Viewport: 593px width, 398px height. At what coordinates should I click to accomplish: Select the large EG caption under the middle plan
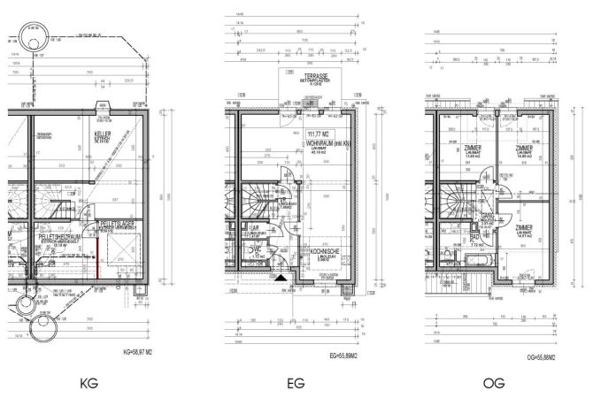click(x=296, y=384)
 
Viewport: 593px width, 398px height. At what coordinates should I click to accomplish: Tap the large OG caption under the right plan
click(x=496, y=384)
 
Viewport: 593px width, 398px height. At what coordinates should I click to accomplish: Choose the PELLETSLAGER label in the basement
click(x=118, y=223)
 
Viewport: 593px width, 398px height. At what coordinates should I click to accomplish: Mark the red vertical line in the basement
click(x=92, y=264)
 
